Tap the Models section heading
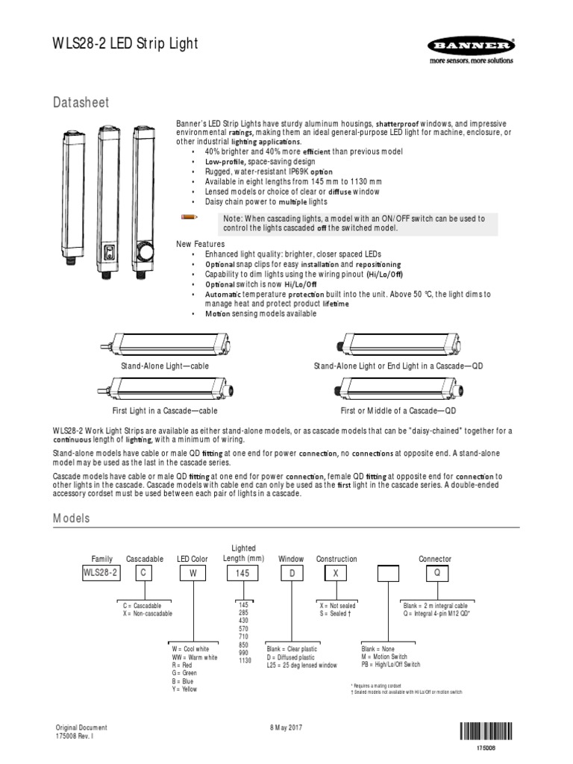[x=71, y=518]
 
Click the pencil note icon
[x=190, y=216]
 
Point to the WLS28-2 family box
[x=100, y=573]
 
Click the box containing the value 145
[x=244, y=573]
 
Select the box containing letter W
[x=192, y=573]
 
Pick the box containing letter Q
[x=437, y=573]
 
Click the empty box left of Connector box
[x=388, y=573]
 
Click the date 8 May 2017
[x=285, y=727]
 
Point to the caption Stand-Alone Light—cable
[x=165, y=367]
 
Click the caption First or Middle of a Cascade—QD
[x=398, y=411]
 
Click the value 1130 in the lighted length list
[x=244, y=660]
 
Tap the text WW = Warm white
[x=194, y=657]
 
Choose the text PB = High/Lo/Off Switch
[x=390, y=665]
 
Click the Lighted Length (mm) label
[x=243, y=554]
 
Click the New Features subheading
[x=199, y=244]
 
